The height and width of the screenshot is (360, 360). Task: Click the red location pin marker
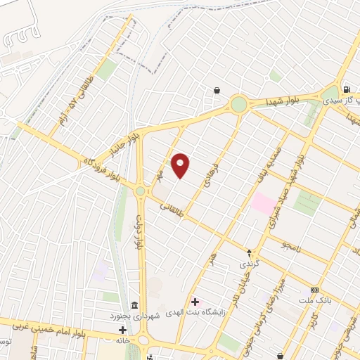[181, 165]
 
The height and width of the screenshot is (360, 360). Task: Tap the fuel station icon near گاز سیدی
[347, 89]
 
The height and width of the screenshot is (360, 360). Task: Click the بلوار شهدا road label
[283, 103]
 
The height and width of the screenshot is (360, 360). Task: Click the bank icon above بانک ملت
[314, 290]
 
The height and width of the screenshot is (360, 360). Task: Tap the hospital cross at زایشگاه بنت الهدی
[195, 302]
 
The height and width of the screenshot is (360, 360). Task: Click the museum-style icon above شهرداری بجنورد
[134, 304]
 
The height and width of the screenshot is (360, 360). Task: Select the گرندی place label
[250, 264]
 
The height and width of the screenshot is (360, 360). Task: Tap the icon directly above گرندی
[249, 252]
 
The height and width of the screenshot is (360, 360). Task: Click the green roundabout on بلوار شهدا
[239, 105]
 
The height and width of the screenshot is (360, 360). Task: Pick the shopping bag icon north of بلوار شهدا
[217, 90]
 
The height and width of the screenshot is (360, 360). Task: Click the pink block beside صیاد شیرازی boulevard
[264, 204]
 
